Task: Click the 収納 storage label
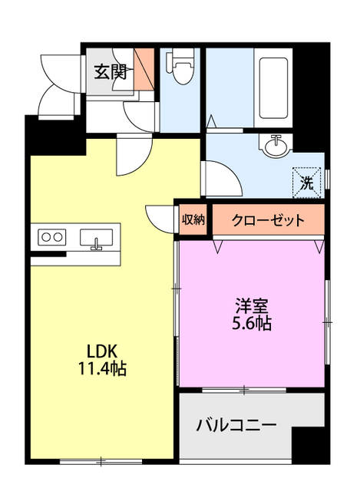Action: [x=193, y=220]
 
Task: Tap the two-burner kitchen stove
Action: [x=51, y=237]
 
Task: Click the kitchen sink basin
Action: [x=97, y=239]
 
